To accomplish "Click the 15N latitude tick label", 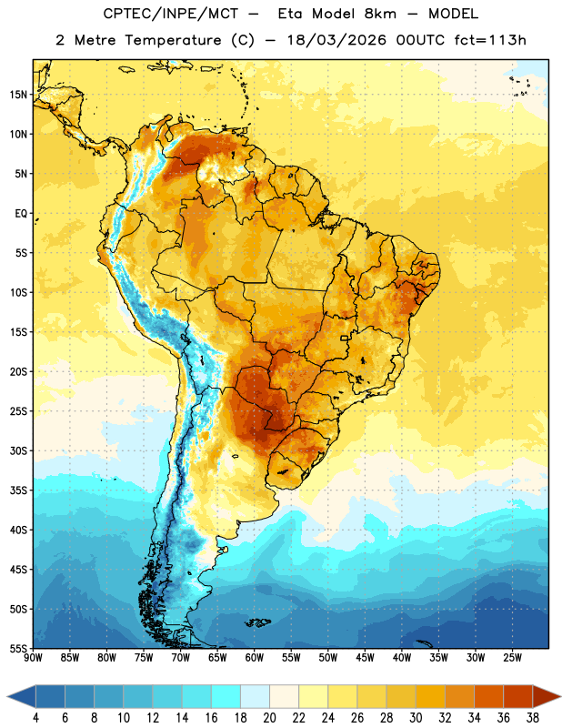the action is pos(18,95).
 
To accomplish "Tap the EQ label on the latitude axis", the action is pos(21,214).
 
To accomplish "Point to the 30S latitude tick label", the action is pos(18,450).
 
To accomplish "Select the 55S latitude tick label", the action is pos(18,648).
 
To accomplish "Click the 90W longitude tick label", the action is pos(33,658).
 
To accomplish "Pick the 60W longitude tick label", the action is pos(255,658).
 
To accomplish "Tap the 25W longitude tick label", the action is pos(512,658).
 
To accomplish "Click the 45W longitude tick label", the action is pos(365,658).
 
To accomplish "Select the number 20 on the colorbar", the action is pos(269,718).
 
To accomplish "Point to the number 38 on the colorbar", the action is pos(533,718).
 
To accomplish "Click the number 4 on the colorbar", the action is pos(35,718).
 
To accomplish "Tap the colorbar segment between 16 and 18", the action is pos(226,696).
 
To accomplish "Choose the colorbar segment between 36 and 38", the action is pos(518,696).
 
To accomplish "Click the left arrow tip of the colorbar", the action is pos(8,696).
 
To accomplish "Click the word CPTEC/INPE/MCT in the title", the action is pos(171,14).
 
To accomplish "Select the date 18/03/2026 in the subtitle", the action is pos(336,40).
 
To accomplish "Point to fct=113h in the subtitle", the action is pos(490,40).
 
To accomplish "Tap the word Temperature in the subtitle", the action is pos(173,40).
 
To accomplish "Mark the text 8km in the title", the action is pos(380,14).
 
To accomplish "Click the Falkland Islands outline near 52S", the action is pos(258,622).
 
